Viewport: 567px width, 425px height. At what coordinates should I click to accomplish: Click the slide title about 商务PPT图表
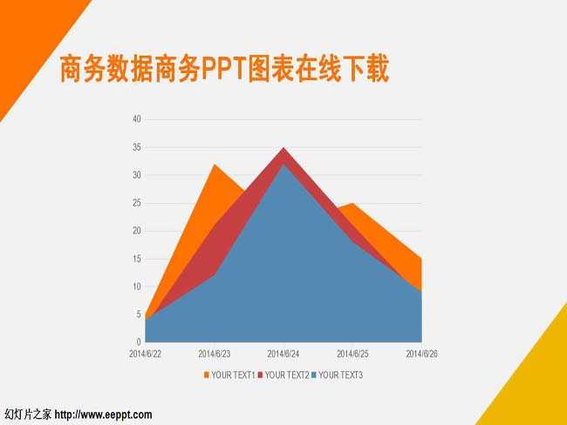point(224,69)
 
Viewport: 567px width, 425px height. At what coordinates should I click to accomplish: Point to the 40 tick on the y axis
point(137,118)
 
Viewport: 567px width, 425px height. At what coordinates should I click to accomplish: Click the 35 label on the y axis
point(137,147)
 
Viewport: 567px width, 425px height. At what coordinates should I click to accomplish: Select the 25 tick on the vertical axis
point(137,203)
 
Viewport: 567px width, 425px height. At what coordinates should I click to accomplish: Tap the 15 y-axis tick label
point(137,259)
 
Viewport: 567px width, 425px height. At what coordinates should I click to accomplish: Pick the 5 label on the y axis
point(139,314)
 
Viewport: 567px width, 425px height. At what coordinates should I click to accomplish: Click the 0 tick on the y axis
point(139,341)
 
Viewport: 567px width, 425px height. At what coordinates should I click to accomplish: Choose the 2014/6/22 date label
point(145,354)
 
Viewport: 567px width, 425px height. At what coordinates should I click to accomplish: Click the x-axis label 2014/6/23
point(214,354)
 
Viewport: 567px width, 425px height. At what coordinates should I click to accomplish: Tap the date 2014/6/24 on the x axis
point(283,354)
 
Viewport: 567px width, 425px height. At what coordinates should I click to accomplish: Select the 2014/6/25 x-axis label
point(352,354)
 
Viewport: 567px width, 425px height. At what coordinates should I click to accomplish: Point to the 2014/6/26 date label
point(421,354)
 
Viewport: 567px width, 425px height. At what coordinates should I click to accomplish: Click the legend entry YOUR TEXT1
point(229,375)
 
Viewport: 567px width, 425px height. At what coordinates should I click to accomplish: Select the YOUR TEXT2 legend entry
point(283,375)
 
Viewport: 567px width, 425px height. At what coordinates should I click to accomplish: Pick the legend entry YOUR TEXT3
point(337,375)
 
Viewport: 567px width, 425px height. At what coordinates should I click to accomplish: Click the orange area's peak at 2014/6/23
point(215,165)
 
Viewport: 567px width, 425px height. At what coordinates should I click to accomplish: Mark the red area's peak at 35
point(283,148)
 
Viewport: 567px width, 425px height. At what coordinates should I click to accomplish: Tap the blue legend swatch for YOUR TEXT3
point(314,375)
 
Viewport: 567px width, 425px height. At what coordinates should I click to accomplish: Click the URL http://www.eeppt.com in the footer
point(104,415)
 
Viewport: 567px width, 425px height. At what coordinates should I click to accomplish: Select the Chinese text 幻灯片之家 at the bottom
point(28,415)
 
